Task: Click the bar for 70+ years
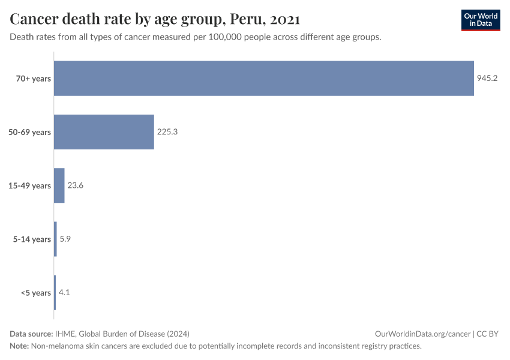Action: pyautogui.click(x=264, y=79)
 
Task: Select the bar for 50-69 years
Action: pyautogui.click(x=104, y=132)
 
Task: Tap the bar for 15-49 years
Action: pyautogui.click(x=59, y=185)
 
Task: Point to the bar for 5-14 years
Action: pyautogui.click(x=55, y=239)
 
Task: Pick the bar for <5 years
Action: pyautogui.click(x=55, y=293)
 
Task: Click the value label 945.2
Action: pyautogui.click(x=487, y=79)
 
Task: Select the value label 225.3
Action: pyautogui.click(x=167, y=132)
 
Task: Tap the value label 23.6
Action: pyautogui.click(x=75, y=185)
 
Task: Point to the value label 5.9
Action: pyautogui.click(x=65, y=239)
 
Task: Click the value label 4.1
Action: pyautogui.click(x=64, y=293)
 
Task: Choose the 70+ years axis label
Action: pyautogui.click(x=34, y=79)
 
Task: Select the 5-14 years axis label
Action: pyautogui.click(x=32, y=239)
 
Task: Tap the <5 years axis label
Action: pyautogui.click(x=36, y=293)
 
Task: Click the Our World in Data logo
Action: pyautogui.click(x=480, y=20)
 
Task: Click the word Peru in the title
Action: pyautogui.click(x=246, y=19)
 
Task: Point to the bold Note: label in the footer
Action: pyautogui.click(x=19, y=346)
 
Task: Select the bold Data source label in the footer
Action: pyautogui.click(x=31, y=334)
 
